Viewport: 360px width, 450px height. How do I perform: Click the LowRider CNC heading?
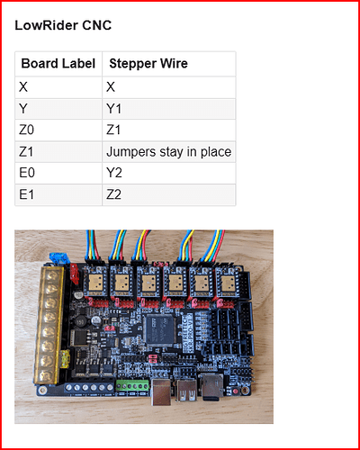pyautogui.click(x=63, y=25)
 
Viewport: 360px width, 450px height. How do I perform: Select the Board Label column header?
pyautogui.click(x=58, y=64)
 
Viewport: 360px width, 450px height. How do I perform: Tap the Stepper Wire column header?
pyautogui.click(x=148, y=64)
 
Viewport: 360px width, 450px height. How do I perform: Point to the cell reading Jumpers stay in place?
pyautogui.click(x=169, y=152)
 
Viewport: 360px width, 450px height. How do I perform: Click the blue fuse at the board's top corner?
pyautogui.click(x=58, y=258)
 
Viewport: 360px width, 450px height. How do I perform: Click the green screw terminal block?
pyautogui.click(x=132, y=386)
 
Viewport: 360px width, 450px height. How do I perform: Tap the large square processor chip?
pyautogui.click(x=159, y=329)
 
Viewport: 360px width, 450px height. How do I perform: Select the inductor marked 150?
pyautogui.click(x=80, y=322)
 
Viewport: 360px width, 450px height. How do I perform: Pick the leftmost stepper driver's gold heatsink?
pyautogui.click(x=95, y=282)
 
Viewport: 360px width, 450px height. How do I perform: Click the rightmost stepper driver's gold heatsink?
pyautogui.click(x=228, y=283)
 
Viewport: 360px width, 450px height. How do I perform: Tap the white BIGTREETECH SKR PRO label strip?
pyautogui.click(x=189, y=332)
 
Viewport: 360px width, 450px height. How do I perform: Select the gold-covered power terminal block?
pyautogui.click(x=49, y=325)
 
